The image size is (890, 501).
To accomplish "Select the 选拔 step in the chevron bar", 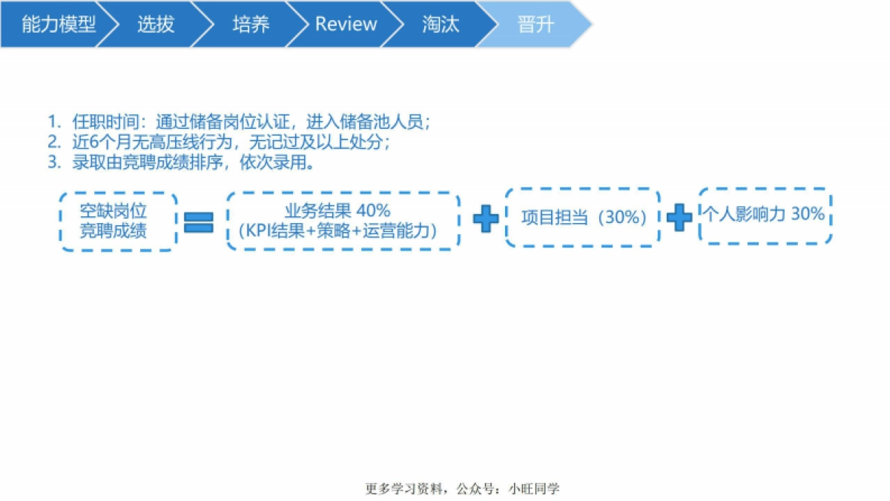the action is pyautogui.click(x=156, y=24).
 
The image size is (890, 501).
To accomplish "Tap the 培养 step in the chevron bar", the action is pyautogui.click(x=251, y=24).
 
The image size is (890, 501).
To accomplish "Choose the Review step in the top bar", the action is pyautogui.click(x=346, y=24).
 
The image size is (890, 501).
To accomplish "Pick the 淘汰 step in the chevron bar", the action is pyautogui.click(x=441, y=24).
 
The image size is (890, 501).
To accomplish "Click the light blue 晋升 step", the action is pyautogui.click(x=535, y=24).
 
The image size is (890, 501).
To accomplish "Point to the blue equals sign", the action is pyautogui.click(x=198, y=221).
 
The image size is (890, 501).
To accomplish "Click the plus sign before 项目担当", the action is pyautogui.click(x=486, y=220).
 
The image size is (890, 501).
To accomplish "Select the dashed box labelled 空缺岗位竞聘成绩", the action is pyautogui.click(x=119, y=221).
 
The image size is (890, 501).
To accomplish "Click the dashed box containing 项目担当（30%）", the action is pyautogui.click(x=583, y=217).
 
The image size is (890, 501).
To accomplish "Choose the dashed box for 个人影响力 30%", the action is pyautogui.click(x=765, y=215).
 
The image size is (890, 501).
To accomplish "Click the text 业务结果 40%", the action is pyautogui.click(x=337, y=212).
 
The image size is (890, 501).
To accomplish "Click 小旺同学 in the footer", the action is pyautogui.click(x=535, y=488).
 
